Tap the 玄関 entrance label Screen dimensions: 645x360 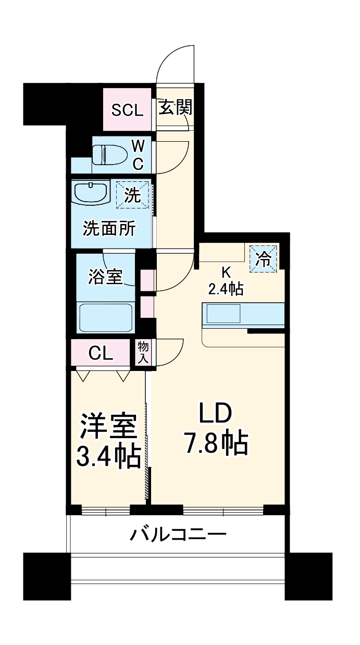point(176,107)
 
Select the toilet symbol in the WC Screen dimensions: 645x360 point(110,155)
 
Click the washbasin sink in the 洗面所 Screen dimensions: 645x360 point(91,193)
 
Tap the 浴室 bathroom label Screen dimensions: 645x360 point(105,277)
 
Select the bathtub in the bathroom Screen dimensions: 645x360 point(106,317)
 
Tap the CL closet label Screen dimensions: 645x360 point(101,353)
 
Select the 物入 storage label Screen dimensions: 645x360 point(143,353)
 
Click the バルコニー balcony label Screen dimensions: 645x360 point(179,534)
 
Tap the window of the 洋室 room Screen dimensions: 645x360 point(106,511)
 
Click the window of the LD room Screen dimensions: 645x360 point(224,511)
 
